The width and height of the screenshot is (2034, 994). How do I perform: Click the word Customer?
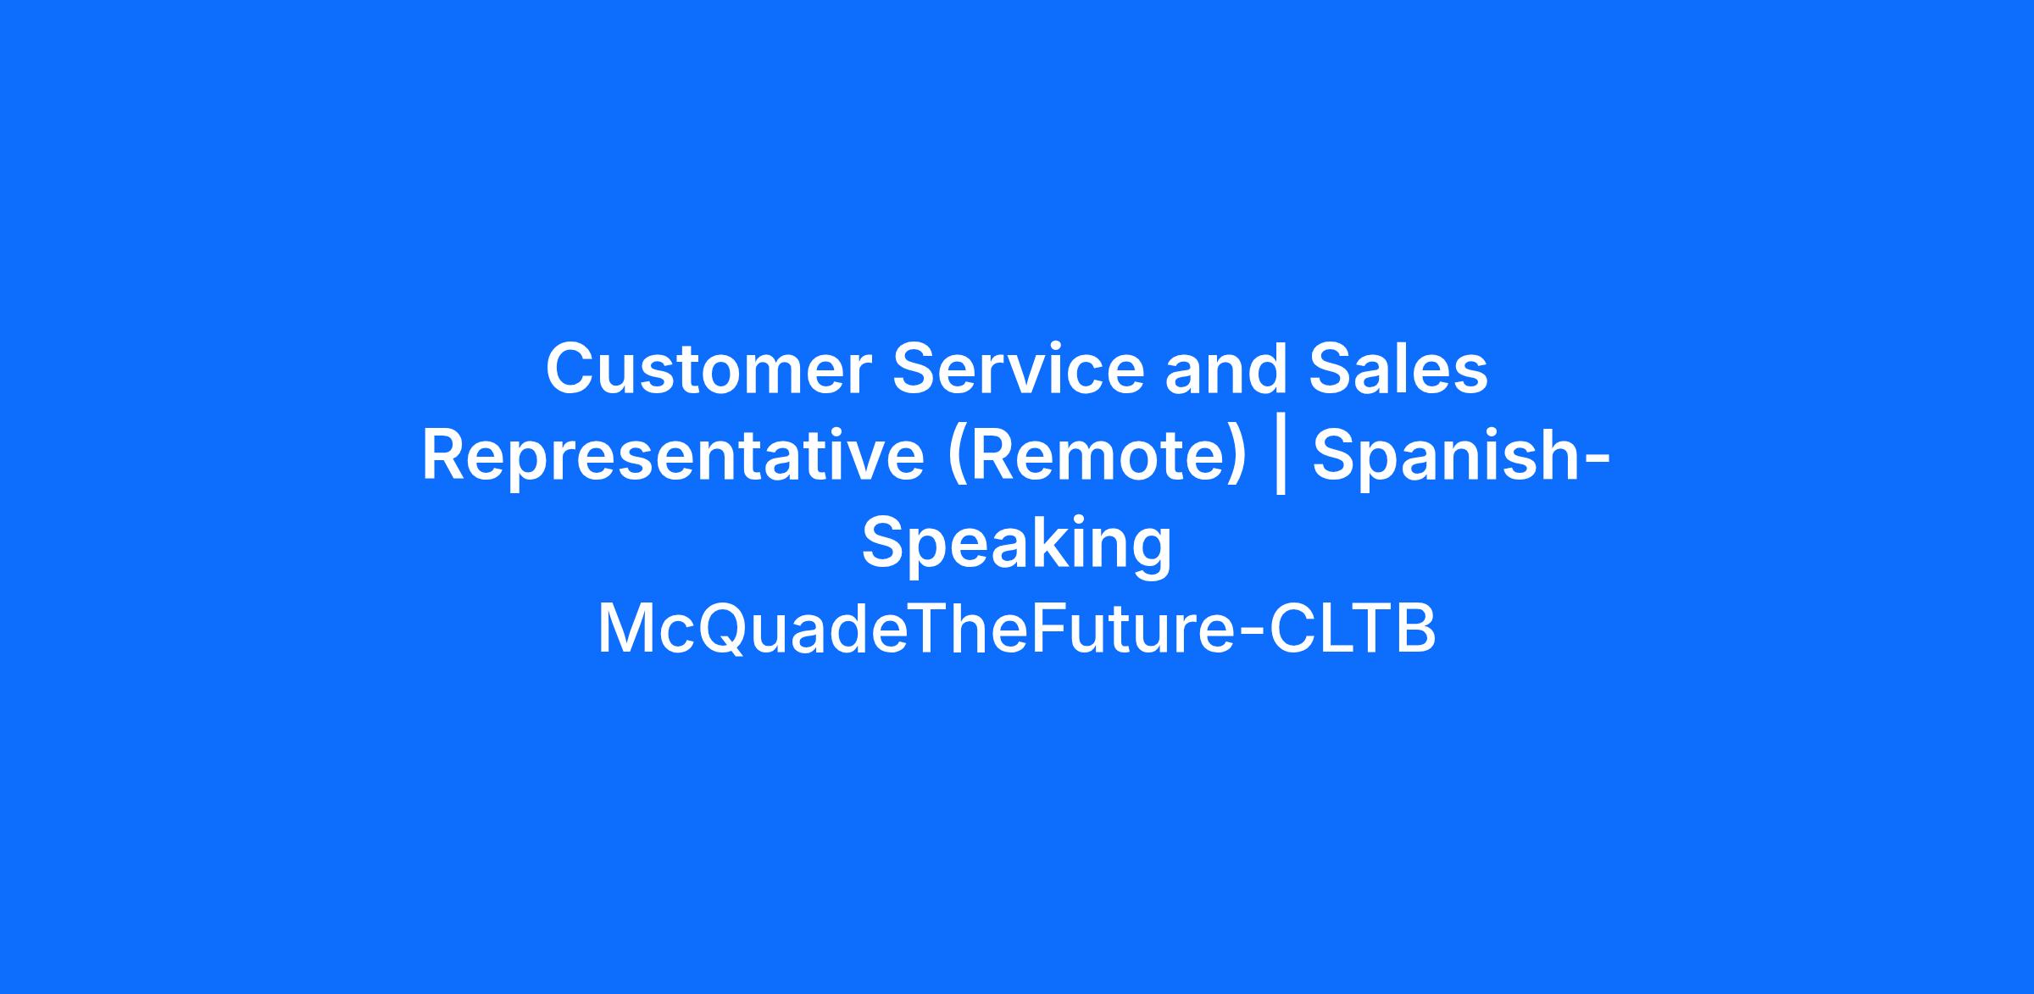(709, 369)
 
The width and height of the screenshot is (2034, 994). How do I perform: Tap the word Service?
(1019, 369)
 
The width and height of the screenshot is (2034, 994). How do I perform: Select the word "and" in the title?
(1226, 369)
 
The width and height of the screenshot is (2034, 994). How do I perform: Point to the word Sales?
(1398, 369)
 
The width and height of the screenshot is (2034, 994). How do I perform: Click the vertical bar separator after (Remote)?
(1281, 458)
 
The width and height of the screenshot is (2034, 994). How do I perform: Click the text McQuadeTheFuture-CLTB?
(1017, 630)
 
